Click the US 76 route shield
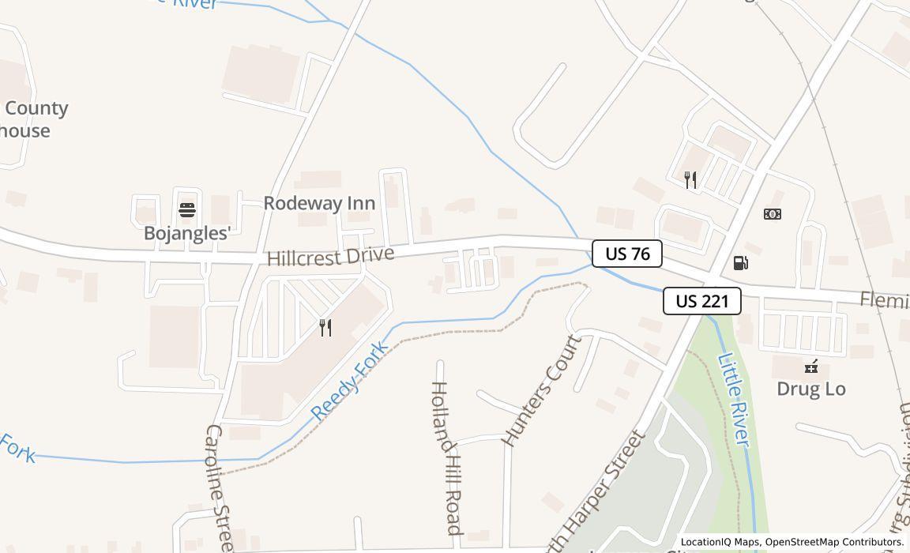(627, 254)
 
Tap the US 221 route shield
(701, 301)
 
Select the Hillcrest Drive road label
(330, 257)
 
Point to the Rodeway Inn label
(319, 203)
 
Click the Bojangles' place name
(187, 233)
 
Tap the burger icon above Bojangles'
(187, 210)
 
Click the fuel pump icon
(740, 263)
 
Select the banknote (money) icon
(773, 214)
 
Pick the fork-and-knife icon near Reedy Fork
(325, 327)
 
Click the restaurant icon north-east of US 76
(690, 180)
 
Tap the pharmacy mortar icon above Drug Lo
(810, 366)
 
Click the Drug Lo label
(810, 389)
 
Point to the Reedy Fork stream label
(349, 381)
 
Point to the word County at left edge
(36, 108)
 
